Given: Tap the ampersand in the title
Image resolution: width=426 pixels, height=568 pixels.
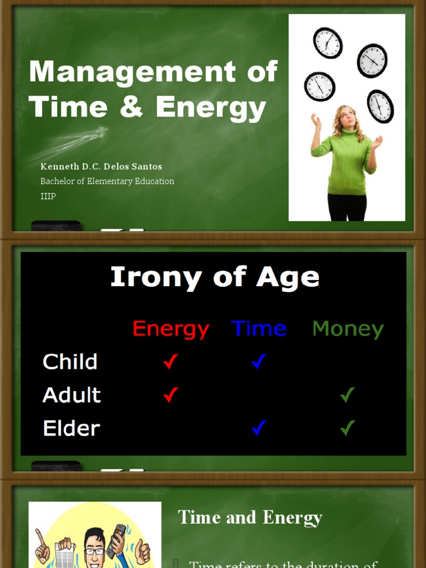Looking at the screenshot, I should [x=131, y=107].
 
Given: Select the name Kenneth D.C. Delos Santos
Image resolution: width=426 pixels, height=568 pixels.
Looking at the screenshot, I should [x=101, y=166].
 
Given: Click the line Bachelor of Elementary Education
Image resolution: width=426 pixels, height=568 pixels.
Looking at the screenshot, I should [x=107, y=181].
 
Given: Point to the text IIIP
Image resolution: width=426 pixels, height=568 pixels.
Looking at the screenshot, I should [x=48, y=196].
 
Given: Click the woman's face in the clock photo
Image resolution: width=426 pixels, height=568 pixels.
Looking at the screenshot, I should [x=347, y=117].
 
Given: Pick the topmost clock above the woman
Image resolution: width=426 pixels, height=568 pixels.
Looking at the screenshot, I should [x=327, y=43].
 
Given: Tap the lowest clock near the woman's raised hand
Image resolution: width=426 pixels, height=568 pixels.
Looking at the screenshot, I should [x=380, y=106].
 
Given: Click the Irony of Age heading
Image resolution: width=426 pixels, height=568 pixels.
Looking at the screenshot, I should [x=215, y=277].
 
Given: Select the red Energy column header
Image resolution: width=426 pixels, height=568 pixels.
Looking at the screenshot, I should [x=171, y=329].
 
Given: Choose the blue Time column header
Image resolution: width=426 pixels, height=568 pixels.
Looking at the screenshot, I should [x=258, y=328].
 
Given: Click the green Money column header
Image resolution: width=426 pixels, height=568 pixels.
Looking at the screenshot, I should [x=348, y=329].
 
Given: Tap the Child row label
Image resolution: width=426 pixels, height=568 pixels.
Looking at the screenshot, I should [x=70, y=362].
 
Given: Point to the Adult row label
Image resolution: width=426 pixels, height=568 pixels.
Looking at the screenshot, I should [x=72, y=395].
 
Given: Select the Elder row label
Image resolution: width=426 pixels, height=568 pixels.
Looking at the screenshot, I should [x=71, y=428].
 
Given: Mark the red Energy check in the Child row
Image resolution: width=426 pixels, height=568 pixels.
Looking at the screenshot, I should [x=170, y=362].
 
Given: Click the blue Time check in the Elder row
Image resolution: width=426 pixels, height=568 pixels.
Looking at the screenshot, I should [x=258, y=428].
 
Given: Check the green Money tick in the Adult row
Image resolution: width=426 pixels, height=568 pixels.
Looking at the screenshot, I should [x=347, y=395].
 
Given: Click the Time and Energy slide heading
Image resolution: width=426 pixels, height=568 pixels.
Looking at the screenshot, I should [x=250, y=518].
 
